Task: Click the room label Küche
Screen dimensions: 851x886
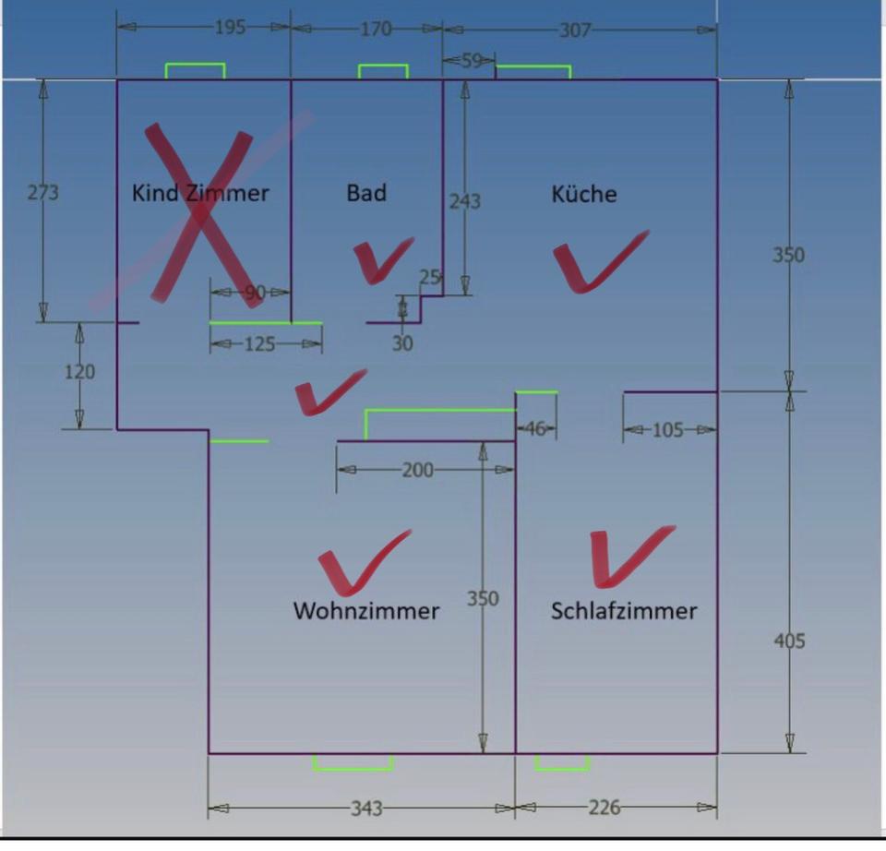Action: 583,194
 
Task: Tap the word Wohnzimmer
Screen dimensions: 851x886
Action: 366,610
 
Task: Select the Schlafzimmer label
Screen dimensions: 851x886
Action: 624,610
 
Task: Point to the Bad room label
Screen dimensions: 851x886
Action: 366,193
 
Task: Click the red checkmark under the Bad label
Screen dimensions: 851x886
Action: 380,259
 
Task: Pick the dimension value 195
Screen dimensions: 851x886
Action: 230,28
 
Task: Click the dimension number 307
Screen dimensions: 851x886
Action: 575,30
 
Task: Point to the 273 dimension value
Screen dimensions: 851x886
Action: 43,193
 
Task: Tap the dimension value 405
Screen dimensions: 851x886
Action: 789,640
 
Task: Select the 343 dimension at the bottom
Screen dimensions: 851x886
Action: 366,809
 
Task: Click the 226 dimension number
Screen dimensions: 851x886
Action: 604,808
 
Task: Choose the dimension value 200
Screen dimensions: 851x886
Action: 417,470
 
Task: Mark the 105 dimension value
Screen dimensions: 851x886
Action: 668,430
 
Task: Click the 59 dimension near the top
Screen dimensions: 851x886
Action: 471,62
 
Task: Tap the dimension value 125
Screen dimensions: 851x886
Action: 259,344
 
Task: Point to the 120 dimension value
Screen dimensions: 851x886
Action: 79,372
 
